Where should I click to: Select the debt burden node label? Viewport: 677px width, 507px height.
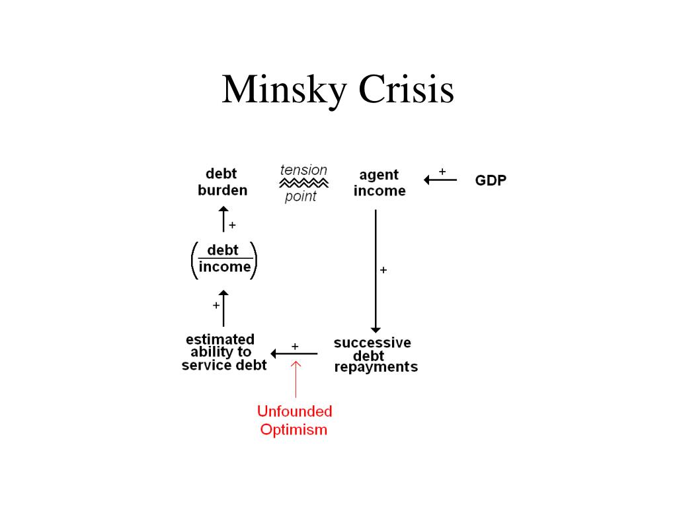pyautogui.click(x=222, y=182)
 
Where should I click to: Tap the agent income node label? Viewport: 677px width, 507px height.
pyautogui.click(x=379, y=183)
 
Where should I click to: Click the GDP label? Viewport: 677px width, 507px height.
pyautogui.click(x=491, y=180)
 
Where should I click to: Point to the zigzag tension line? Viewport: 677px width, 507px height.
pyautogui.click(x=303, y=182)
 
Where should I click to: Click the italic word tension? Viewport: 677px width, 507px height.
pyautogui.click(x=303, y=170)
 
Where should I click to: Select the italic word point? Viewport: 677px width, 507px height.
pyautogui.click(x=301, y=196)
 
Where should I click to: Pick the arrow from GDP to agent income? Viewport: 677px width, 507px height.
pyautogui.click(x=440, y=180)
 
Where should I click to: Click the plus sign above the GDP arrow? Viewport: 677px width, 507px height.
pyautogui.click(x=442, y=171)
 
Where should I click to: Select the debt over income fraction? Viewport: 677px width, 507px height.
pyautogui.click(x=224, y=259)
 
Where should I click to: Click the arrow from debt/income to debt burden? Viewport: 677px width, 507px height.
pyautogui.click(x=223, y=219)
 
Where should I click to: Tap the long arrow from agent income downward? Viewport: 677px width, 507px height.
pyautogui.click(x=376, y=271)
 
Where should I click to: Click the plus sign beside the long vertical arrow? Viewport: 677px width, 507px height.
pyautogui.click(x=383, y=270)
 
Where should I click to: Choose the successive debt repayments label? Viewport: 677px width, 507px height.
pyautogui.click(x=374, y=355)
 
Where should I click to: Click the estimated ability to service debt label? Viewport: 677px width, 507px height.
pyautogui.click(x=223, y=352)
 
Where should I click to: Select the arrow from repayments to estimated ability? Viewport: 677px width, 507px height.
pyautogui.click(x=294, y=354)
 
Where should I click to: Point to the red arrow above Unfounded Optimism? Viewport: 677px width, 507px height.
pyautogui.click(x=295, y=379)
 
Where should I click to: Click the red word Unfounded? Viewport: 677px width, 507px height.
pyautogui.click(x=294, y=411)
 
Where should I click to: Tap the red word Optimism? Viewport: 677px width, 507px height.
pyautogui.click(x=294, y=430)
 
